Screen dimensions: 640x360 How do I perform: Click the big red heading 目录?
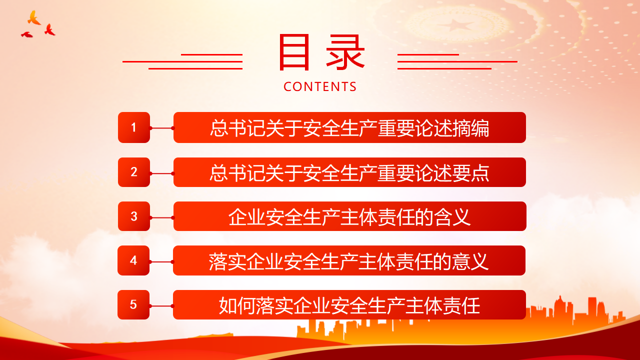(321, 52)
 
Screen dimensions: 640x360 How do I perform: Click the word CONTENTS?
(320, 87)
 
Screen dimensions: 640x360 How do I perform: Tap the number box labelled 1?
(134, 127)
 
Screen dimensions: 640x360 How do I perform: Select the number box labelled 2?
(134, 172)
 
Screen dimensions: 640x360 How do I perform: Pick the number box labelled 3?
(134, 216)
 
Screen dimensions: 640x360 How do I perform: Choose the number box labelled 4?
(133, 260)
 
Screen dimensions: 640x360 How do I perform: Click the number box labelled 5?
(133, 304)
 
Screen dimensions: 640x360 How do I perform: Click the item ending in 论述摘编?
(349, 127)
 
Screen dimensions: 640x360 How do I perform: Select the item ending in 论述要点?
(349, 172)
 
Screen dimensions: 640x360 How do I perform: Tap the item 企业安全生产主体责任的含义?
(349, 216)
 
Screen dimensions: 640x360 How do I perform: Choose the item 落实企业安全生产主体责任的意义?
(349, 260)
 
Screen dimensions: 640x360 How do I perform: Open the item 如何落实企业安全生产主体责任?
(349, 304)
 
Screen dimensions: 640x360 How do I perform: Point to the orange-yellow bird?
(33, 18)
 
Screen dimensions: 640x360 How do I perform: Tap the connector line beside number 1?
(161, 128)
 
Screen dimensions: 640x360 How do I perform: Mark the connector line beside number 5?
(161, 306)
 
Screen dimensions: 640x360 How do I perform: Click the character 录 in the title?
(345, 52)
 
